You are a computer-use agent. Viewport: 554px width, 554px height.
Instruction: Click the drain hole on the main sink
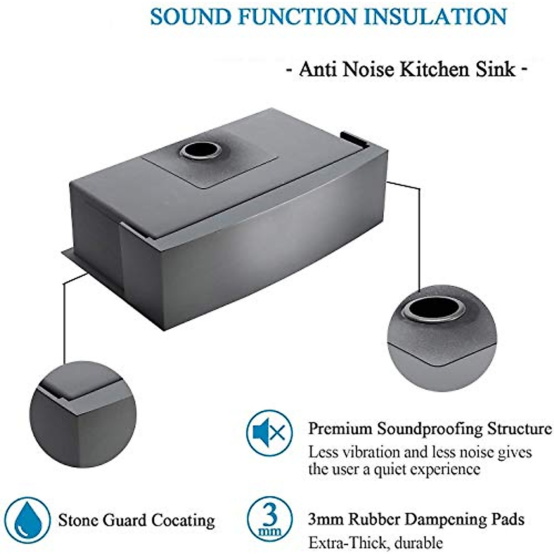pyautogui.click(x=200, y=150)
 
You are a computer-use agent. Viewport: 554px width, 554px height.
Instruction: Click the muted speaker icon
pyautogui.click(x=269, y=433)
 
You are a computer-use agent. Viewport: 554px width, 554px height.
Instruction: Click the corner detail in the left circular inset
pyautogui.click(x=76, y=406)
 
